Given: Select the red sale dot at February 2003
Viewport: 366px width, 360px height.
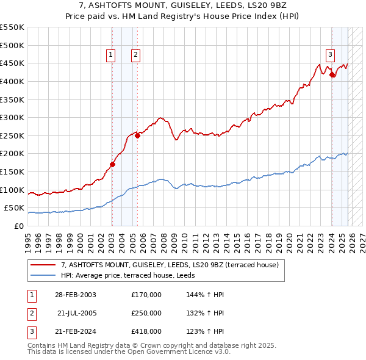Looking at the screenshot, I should coord(112,164).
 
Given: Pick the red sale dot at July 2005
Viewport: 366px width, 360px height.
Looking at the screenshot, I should coord(138,135).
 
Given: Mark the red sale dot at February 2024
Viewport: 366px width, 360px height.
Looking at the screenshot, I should coord(332,74).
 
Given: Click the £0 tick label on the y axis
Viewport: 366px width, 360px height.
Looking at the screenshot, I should coord(19,226).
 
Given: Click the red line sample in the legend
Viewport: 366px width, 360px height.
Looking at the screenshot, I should coord(43,265).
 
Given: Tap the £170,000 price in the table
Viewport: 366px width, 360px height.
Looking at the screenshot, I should coord(146,295).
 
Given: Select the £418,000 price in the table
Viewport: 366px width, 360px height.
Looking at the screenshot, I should coord(146,331).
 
